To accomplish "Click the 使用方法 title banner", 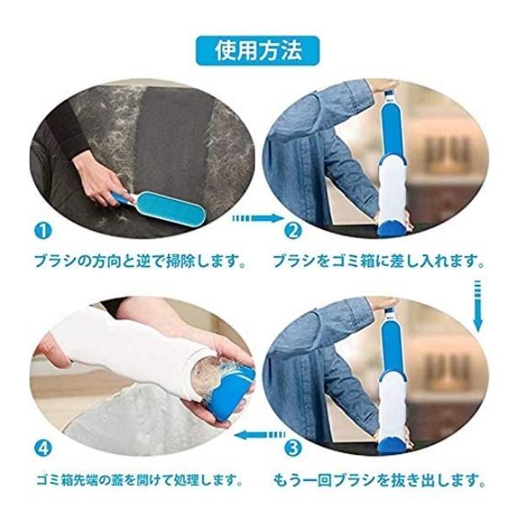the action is pyautogui.click(x=258, y=51).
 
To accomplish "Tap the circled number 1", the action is pyautogui.click(x=43, y=231).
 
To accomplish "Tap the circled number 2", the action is pyautogui.click(x=293, y=231).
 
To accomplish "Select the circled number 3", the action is pyautogui.click(x=293, y=448).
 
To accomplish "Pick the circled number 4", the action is pyautogui.click(x=43, y=448).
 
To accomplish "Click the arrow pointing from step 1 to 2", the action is pyautogui.click(x=258, y=218).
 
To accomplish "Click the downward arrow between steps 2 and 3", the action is pyautogui.click(x=478, y=306).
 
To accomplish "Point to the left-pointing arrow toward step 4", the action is pyautogui.click(x=260, y=435).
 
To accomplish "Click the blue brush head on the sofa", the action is pyautogui.click(x=171, y=206).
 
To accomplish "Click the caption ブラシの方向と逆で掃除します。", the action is pyautogui.click(x=140, y=261).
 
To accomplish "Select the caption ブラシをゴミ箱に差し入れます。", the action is pyautogui.click(x=379, y=261).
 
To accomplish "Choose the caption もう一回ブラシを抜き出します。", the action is pyautogui.click(x=379, y=480).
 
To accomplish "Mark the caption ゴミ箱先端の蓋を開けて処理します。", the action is pyautogui.click(x=140, y=480).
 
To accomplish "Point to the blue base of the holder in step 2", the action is pyautogui.click(x=392, y=228).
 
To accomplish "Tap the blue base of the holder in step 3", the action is pyautogui.click(x=392, y=445).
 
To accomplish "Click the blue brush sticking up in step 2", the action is pyautogui.click(x=393, y=130).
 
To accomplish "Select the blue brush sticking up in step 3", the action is pyautogui.click(x=393, y=347).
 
